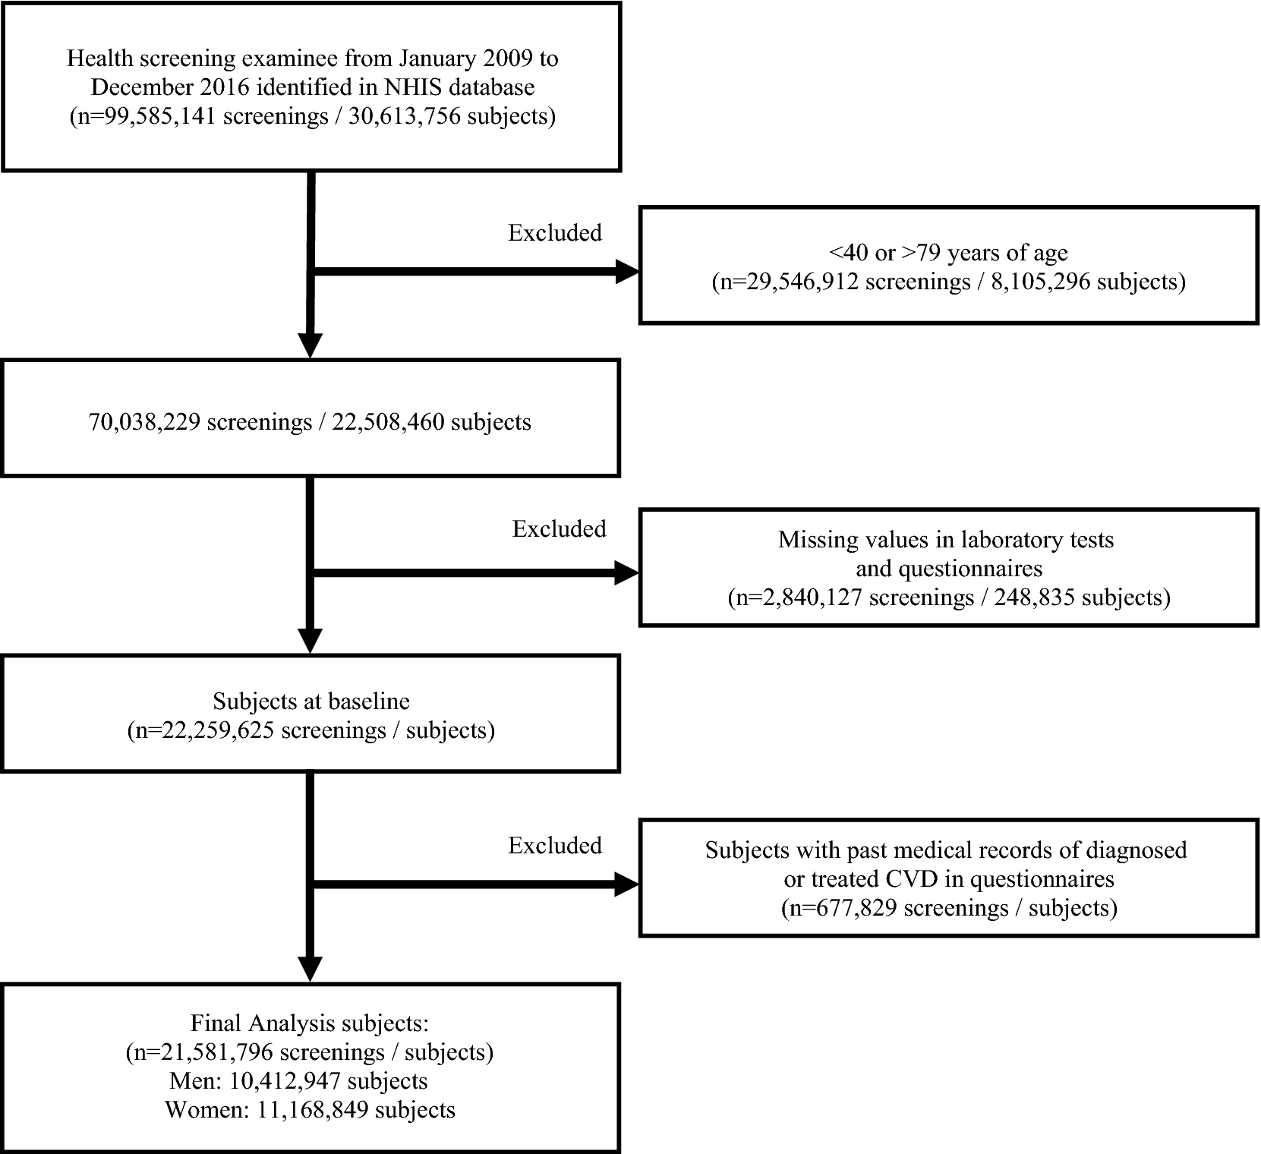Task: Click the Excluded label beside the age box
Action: (555, 232)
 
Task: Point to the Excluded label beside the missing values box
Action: (560, 528)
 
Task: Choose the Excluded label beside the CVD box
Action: (555, 845)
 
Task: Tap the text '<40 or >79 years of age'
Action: (949, 253)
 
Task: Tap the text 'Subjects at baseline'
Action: (311, 701)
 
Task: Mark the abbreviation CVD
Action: (911, 879)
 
